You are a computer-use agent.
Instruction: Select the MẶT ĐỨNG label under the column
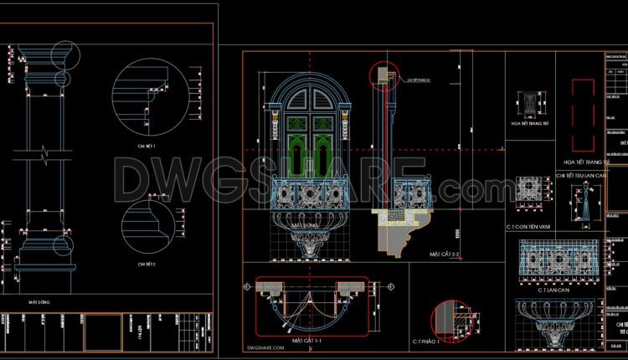40,301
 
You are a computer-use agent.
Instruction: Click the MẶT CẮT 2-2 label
445,253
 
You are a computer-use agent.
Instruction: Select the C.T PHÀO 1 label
426,342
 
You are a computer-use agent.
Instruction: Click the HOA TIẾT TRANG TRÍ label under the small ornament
528,123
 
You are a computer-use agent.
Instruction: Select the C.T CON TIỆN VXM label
529,227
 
